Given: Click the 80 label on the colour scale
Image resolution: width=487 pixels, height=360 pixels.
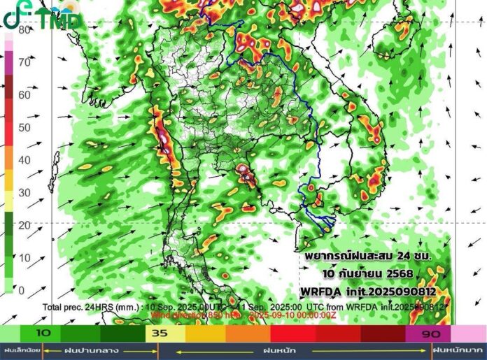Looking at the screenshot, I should click(24, 30).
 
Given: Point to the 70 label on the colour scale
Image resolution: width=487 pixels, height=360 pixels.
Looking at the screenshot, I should click(24, 62).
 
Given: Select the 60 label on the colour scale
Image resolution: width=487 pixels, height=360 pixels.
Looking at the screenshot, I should click(24, 95).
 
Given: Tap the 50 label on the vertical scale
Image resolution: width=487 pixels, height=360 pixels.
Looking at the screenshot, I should click(24, 127).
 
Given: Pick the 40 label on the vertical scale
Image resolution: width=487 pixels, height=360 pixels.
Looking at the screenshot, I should click(24, 160).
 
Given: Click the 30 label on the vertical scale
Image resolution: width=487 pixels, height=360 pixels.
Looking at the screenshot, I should click(24, 192).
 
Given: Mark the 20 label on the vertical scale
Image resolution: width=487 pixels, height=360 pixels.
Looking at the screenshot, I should click(24, 225).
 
